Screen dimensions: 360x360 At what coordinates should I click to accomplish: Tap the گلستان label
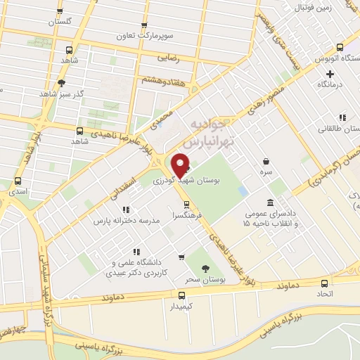(60, 22)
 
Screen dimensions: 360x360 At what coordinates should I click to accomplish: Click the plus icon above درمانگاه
(330, 72)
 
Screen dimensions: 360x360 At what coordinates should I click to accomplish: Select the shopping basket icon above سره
(265, 161)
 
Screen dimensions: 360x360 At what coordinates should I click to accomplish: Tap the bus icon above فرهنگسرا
(186, 205)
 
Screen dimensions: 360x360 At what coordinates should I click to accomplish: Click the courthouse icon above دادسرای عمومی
(271, 202)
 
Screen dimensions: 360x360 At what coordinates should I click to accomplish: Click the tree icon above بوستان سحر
(205, 269)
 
